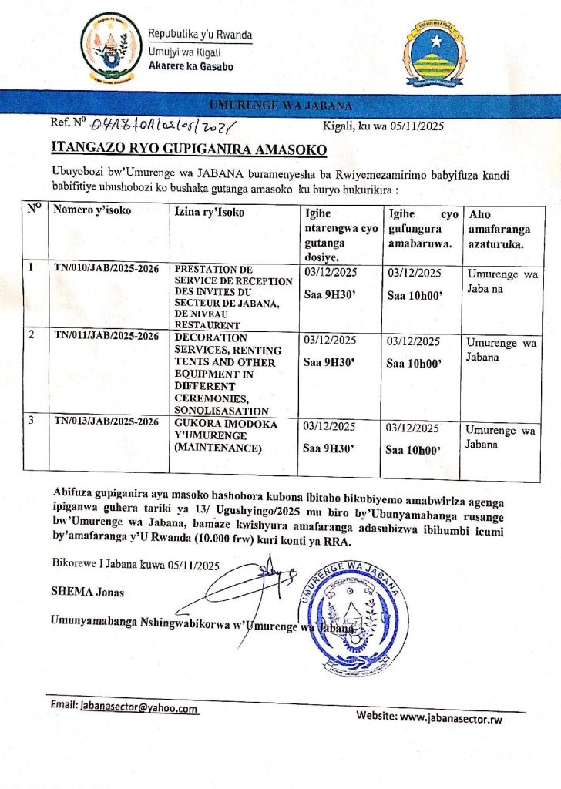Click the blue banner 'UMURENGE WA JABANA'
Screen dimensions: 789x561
tap(280, 105)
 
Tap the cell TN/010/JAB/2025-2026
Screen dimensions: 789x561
tap(106, 268)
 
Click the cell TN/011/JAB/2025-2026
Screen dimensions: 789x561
tap(106, 336)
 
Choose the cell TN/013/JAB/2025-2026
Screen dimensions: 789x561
tap(106, 421)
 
